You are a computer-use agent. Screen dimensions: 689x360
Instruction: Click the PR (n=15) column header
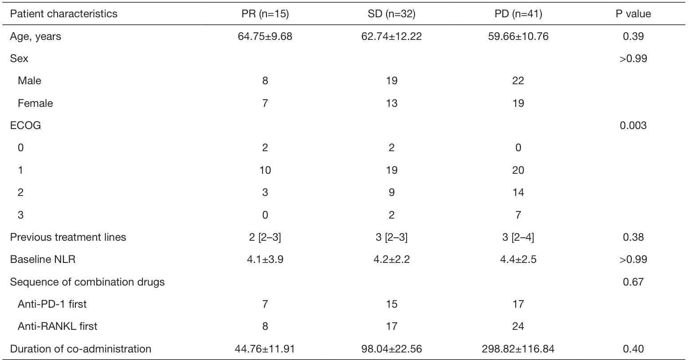pyautogui.click(x=265, y=14)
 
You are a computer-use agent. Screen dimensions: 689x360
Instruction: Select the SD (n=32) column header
pyautogui.click(x=391, y=14)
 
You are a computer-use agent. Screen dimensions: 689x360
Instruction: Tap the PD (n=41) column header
pyautogui.click(x=518, y=14)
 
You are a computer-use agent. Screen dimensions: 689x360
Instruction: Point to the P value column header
pyautogui.click(x=633, y=14)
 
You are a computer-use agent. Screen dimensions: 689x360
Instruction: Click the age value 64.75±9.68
pyautogui.click(x=265, y=36)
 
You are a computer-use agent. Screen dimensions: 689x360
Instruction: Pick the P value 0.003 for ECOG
pyautogui.click(x=633, y=125)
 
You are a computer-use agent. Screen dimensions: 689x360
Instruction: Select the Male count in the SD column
pyautogui.click(x=391, y=81)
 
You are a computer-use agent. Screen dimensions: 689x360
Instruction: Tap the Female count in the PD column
pyautogui.click(x=518, y=103)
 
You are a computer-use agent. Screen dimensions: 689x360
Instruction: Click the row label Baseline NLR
pyautogui.click(x=43, y=259)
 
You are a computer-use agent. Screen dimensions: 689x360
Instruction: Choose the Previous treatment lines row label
pyautogui.click(x=68, y=237)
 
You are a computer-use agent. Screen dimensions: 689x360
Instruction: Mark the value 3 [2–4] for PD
pyautogui.click(x=518, y=237)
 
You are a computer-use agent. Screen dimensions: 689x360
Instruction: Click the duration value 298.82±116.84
pyautogui.click(x=518, y=349)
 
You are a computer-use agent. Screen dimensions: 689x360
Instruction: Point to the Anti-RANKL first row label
pyautogui.click(x=58, y=326)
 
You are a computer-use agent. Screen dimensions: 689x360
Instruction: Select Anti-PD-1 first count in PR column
pyautogui.click(x=265, y=304)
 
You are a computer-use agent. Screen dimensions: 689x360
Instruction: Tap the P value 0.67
pyautogui.click(x=633, y=282)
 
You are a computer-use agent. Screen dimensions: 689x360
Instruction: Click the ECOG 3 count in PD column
pyautogui.click(x=518, y=215)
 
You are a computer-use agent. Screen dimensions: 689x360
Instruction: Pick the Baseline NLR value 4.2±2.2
pyautogui.click(x=391, y=259)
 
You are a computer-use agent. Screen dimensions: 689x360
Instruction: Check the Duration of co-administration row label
pyautogui.click(x=81, y=349)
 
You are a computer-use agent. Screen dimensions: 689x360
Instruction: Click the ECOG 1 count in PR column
pyautogui.click(x=265, y=170)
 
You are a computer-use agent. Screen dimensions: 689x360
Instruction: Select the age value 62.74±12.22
pyautogui.click(x=391, y=36)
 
